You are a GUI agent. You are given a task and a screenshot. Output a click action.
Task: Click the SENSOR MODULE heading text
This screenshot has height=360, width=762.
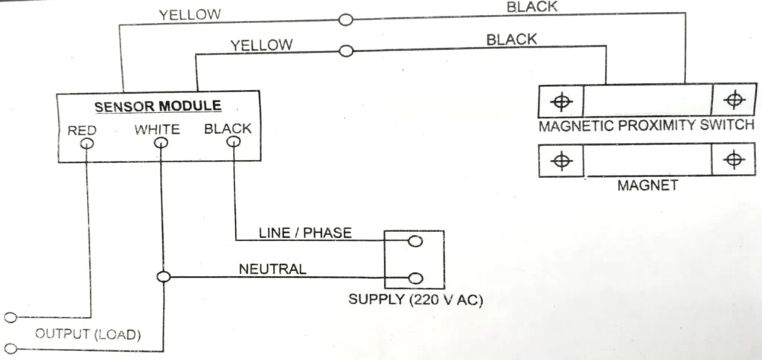pos(157,106)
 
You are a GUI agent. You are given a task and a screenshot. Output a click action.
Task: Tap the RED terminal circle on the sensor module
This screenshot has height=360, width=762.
pos(87,142)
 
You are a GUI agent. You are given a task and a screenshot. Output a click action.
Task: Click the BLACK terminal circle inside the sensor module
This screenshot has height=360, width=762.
pos(233,142)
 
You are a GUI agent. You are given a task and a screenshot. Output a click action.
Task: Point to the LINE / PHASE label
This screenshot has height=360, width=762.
pos(305,233)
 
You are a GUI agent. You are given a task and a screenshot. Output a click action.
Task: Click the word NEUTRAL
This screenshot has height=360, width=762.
pos(272,269)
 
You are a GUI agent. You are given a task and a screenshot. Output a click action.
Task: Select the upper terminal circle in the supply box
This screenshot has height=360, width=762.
pos(415,242)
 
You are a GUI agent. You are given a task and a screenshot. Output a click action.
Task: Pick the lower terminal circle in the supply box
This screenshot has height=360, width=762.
pos(415,277)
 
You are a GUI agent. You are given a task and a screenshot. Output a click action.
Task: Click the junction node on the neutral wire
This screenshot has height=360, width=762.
pos(163,277)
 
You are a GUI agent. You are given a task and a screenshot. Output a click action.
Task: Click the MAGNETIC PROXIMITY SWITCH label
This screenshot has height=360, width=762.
pos(646,125)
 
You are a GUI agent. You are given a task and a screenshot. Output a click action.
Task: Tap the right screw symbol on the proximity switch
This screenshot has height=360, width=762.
pos(734,99)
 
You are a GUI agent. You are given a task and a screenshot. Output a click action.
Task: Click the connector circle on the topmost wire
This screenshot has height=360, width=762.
pos(345,20)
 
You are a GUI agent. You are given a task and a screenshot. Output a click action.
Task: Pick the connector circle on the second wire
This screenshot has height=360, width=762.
pos(345,51)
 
